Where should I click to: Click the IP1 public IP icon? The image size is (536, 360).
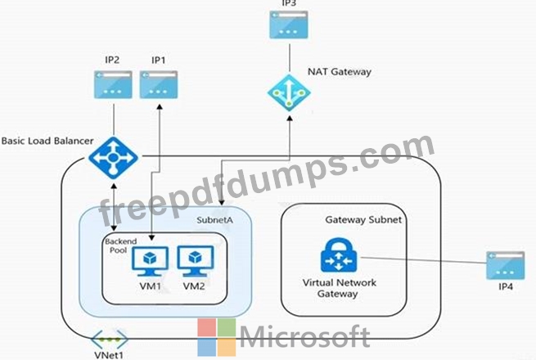coord(158,84)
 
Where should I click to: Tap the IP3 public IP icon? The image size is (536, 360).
coord(289,25)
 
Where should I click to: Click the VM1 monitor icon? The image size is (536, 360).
coord(150,259)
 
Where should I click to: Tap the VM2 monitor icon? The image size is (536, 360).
coord(194,259)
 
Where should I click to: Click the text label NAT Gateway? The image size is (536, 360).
coord(340,72)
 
